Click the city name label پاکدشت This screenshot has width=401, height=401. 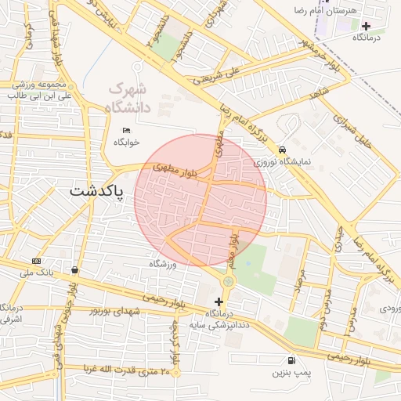[96, 191]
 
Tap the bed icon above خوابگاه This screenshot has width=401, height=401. [126, 130]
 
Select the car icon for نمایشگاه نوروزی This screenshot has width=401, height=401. [282, 150]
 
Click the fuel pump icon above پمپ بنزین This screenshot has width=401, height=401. [292, 361]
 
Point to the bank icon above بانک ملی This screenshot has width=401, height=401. [36, 261]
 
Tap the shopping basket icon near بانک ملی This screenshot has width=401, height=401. [74, 269]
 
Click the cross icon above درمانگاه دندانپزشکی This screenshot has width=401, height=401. [219, 302]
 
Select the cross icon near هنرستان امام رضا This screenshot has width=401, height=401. [366, 25]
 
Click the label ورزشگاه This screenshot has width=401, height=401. [164, 265]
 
